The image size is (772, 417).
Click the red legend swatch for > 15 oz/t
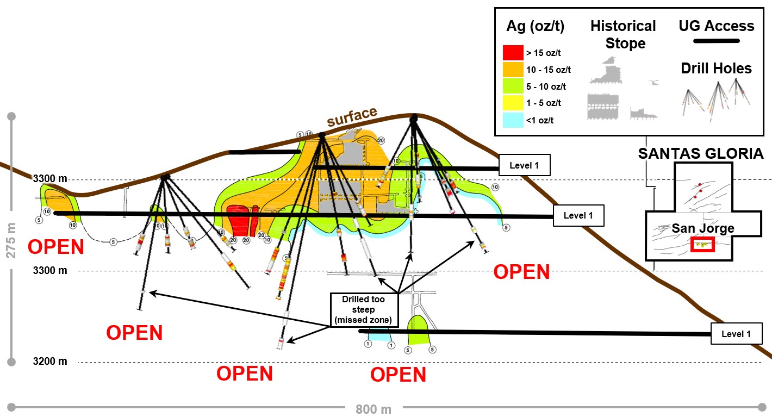(513, 53)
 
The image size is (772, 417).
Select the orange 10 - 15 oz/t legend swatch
(513, 70)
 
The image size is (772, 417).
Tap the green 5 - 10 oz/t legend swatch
(513, 86)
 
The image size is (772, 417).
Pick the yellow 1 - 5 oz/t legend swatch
(513, 103)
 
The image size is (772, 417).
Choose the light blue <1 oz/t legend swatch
(513, 120)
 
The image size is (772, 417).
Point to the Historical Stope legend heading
(623, 34)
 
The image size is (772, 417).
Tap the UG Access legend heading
(717, 26)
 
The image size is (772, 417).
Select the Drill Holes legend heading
(716, 69)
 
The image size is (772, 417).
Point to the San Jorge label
(702, 228)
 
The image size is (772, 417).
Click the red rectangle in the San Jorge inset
(702, 245)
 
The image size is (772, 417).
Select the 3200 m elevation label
(50, 361)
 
